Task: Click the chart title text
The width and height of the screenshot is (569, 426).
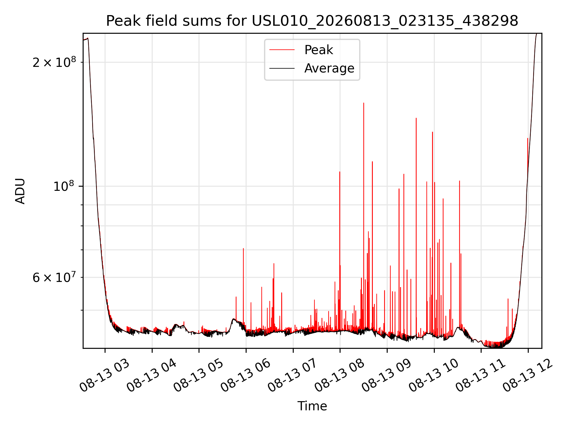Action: click(312, 21)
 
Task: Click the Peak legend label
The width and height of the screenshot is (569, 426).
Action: click(319, 50)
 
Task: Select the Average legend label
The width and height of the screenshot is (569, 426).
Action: click(329, 68)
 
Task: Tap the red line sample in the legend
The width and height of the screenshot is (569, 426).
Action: click(282, 50)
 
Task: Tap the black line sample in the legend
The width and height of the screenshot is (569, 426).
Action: click(282, 68)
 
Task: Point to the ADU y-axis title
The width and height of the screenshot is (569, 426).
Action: click(20, 191)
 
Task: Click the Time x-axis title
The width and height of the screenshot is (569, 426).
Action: click(312, 406)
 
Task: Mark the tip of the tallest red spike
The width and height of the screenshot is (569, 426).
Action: click(364, 103)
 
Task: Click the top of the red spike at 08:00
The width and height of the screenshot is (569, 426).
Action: click(340, 172)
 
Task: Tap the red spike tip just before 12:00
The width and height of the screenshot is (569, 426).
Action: click(528, 138)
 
